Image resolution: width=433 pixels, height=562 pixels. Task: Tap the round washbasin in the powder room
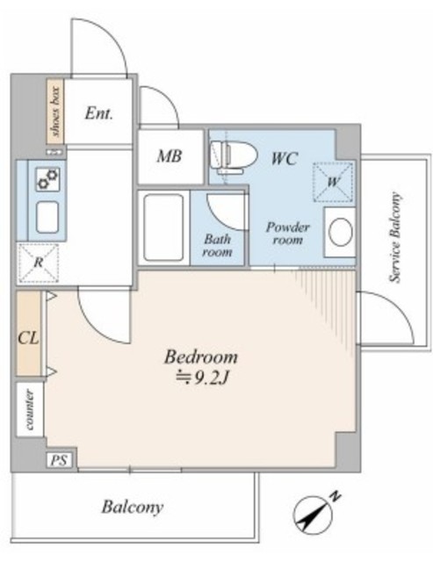pos(340,232)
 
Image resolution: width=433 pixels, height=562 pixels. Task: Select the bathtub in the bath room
pos(164,227)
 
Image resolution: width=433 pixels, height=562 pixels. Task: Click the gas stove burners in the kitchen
pos(48,179)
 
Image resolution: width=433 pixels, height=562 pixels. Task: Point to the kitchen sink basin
pos(47,217)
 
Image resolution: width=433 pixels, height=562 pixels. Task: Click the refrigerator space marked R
pos(39,263)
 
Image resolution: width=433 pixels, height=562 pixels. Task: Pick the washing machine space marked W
pos(334,182)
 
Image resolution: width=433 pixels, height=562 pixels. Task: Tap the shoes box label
pos(56,112)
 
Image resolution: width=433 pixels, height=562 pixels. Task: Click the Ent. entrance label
pos(99,114)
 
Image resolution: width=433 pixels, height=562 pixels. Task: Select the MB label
pos(170,156)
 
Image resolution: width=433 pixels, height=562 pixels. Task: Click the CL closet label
pos(28,337)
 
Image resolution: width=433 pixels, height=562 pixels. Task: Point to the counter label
pos(30,409)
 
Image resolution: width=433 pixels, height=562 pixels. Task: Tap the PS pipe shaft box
pos(59,460)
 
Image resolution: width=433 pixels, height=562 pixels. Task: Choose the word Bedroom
pos(201,357)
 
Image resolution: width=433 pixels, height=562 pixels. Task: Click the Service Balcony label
pos(394,238)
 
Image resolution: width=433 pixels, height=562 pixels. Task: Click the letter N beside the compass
pos(336,497)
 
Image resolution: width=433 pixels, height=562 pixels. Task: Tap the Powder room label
pos(288,233)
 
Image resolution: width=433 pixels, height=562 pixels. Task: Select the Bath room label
pos(218,245)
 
